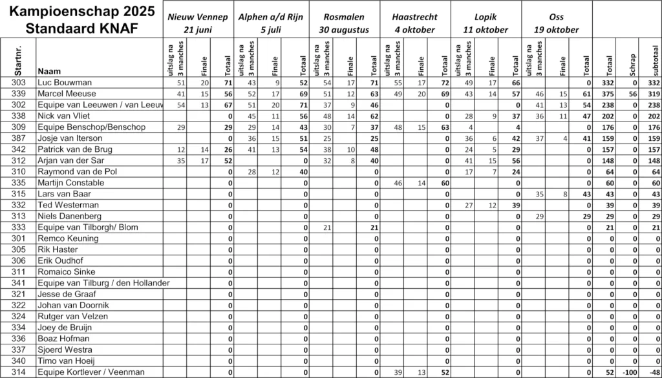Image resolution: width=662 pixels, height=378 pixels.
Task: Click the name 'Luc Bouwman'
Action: pyautogui.click(x=65, y=83)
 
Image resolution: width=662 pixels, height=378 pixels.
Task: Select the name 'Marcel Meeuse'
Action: pyautogui.click(x=67, y=94)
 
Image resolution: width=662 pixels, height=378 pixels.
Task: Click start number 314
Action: pyautogui.click(x=19, y=372)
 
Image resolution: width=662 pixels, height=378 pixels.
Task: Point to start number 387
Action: pyautogui.click(x=19, y=138)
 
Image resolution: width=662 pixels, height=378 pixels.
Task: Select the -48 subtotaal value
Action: pyautogui.click(x=651, y=372)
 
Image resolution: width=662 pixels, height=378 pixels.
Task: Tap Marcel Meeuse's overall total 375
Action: pyautogui.click(x=607, y=94)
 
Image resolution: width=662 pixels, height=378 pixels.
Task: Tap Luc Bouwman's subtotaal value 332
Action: pyautogui.click(x=651, y=83)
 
